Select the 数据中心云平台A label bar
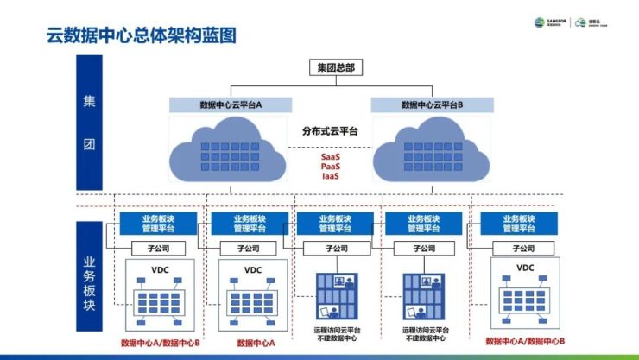231,104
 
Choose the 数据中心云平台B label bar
432,104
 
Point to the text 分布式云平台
330,131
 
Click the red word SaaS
330,157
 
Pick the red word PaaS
330,167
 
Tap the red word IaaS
330,176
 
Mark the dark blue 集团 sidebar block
90,122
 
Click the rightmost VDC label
525,268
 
